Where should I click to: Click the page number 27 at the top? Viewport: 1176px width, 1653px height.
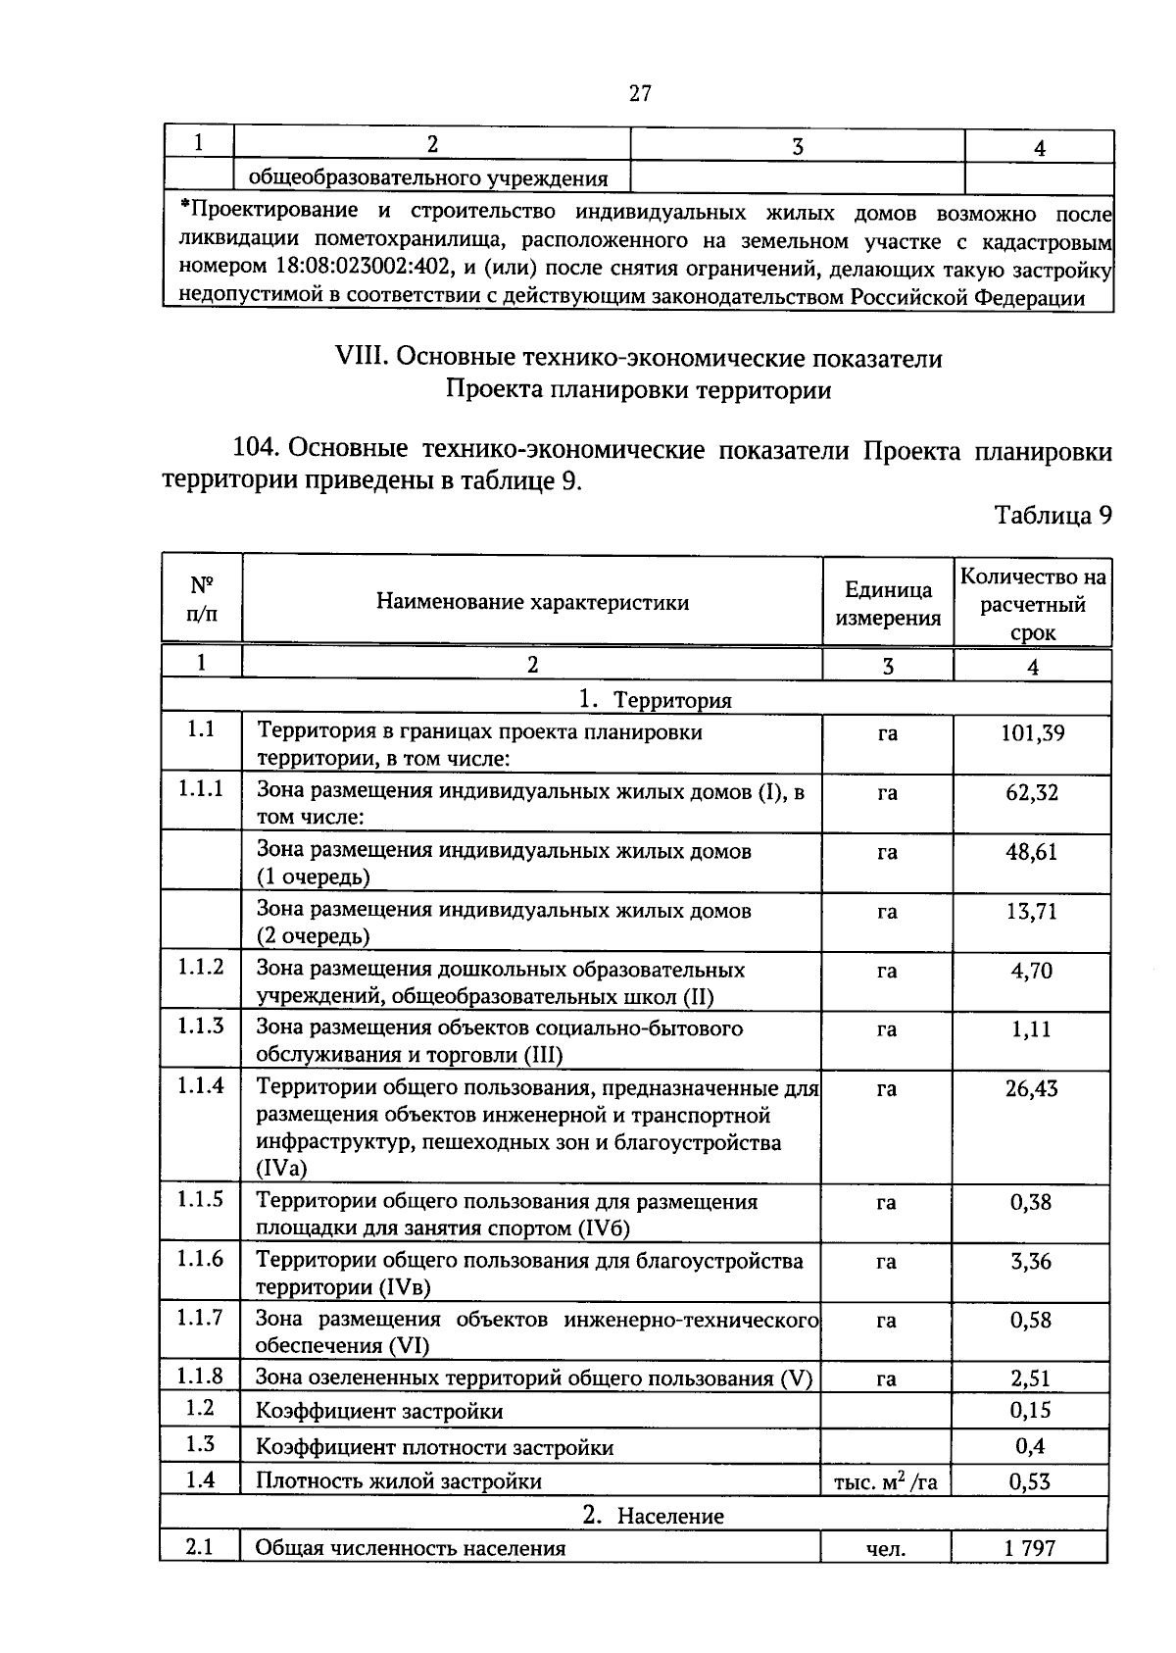(x=640, y=94)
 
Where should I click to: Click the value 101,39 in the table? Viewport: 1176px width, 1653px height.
(x=1032, y=733)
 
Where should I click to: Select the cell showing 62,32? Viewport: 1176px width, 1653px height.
(x=1032, y=792)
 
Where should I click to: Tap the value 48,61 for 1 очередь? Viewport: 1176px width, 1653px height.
(x=1032, y=852)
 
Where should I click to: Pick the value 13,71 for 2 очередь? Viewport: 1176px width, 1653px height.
(x=1032, y=912)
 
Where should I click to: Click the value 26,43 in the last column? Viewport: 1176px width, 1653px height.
(x=1032, y=1089)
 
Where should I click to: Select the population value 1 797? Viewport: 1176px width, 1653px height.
(x=1029, y=1549)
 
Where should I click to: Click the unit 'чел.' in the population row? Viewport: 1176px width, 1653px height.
(x=886, y=1549)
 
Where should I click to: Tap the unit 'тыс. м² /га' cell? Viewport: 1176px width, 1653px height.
(x=885, y=1482)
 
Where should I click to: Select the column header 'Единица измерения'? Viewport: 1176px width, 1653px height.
(x=888, y=603)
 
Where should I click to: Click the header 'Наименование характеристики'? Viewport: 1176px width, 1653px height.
(x=532, y=602)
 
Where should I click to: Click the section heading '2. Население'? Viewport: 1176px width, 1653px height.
(x=654, y=1516)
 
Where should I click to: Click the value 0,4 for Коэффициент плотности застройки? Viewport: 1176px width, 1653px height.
(x=1030, y=1446)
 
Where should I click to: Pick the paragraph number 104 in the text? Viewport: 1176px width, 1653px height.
(x=257, y=450)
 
